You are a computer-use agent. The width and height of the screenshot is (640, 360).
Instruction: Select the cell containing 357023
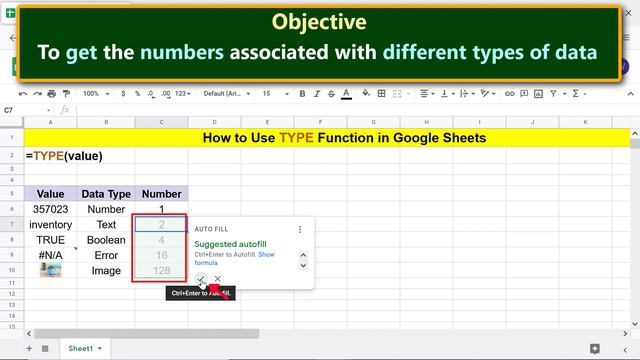[50, 210]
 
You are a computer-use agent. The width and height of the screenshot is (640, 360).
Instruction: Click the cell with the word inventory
[50, 225]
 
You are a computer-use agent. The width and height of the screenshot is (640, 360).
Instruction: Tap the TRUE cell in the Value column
[50, 240]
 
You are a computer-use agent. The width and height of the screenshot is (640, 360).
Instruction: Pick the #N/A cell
[50, 255]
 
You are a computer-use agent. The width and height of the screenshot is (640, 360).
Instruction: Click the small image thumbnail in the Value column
[50, 270]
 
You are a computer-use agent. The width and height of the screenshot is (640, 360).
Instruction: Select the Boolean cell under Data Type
[106, 240]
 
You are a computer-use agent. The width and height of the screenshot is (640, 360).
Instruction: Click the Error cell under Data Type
[106, 255]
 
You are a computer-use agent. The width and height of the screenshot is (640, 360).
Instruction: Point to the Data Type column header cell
[106, 194]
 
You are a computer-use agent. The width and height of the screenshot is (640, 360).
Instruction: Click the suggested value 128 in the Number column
[161, 271]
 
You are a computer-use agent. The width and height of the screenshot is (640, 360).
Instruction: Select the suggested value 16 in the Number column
[161, 255]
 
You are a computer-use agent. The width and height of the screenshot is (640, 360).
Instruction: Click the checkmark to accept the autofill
[201, 279]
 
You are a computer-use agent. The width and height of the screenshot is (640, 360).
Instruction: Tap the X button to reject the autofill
[217, 279]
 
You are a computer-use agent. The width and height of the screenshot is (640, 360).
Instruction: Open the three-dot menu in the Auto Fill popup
[299, 229]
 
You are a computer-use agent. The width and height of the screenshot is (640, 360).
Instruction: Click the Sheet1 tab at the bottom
[82, 348]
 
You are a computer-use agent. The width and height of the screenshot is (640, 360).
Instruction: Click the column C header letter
[161, 123]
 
